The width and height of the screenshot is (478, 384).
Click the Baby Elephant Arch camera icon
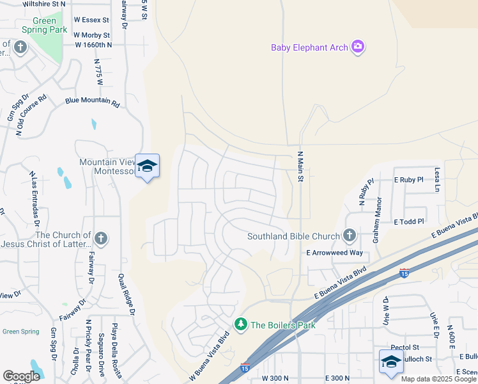coord(358,47)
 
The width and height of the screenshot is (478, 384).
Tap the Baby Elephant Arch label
coord(309,47)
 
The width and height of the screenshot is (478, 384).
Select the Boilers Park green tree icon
coord(241,325)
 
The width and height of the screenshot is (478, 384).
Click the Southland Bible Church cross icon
coord(349,236)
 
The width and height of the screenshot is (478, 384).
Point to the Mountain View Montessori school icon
coord(148,166)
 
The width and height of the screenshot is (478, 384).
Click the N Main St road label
coord(299,166)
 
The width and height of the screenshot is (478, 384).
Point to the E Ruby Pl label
coord(409,180)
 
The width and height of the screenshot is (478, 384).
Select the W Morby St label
coord(91,35)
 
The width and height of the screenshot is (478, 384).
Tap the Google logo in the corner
coord(21,376)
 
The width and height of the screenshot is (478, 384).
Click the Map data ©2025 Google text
coord(438,379)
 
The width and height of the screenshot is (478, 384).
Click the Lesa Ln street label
coord(438,180)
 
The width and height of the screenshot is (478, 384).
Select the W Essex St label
coord(91,20)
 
